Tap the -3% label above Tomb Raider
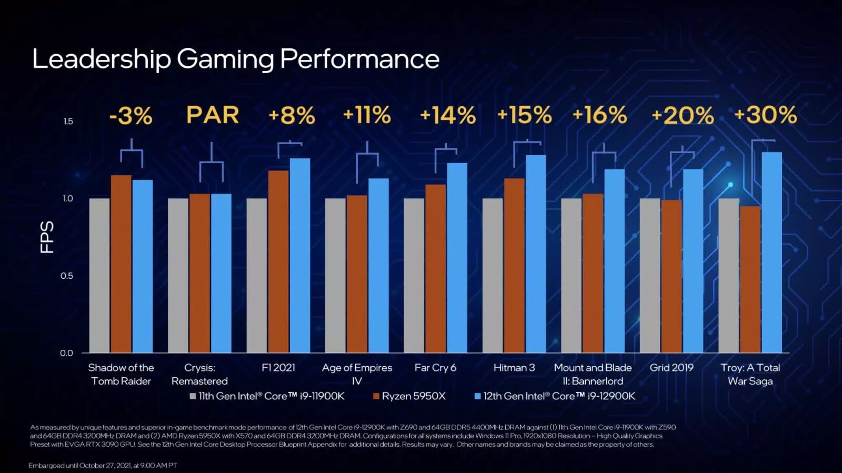click(x=131, y=116)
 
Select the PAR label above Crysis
click(x=213, y=115)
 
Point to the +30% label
click(x=765, y=115)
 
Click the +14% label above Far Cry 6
click(x=447, y=116)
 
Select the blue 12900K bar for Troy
click(x=771, y=253)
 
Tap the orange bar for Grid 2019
click(x=671, y=276)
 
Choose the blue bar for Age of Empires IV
click(x=378, y=266)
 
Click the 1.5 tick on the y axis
click(x=68, y=122)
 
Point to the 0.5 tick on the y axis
click(x=67, y=276)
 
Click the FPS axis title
click(x=47, y=237)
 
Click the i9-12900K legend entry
click(x=559, y=396)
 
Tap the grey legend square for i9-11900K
click(x=193, y=396)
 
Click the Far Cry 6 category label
click(x=435, y=368)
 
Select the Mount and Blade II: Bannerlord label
click(x=593, y=374)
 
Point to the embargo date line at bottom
click(x=103, y=466)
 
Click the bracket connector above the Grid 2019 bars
click(x=682, y=153)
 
